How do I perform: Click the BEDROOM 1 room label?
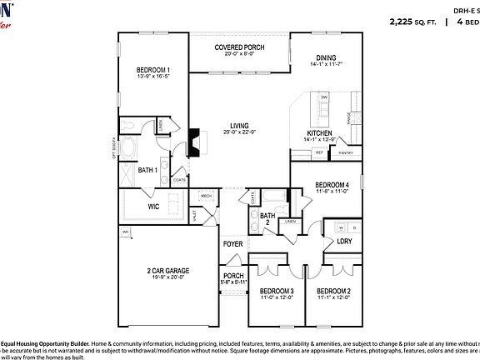point(153,70)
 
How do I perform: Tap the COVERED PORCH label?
point(239,47)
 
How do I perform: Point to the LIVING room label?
point(239,126)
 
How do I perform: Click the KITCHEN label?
point(320,133)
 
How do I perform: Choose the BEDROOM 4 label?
point(332,184)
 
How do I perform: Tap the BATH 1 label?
point(147,170)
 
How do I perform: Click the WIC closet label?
point(153,205)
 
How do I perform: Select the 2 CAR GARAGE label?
point(169,271)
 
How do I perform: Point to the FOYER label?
point(233,244)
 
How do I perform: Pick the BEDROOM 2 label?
point(333,291)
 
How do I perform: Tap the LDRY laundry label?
point(343,242)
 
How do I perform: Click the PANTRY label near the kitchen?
point(346,152)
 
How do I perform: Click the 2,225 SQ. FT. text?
point(413,22)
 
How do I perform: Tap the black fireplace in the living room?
point(193,142)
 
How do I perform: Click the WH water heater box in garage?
point(126,232)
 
